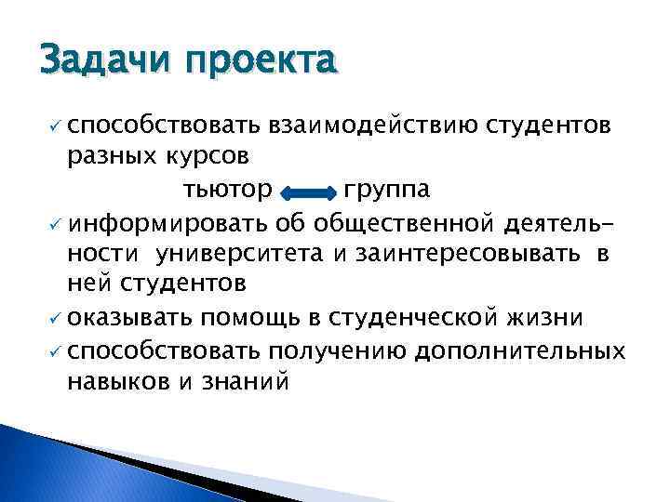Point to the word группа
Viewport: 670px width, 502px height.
[x=385, y=191]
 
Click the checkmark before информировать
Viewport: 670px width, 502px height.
[x=52, y=224]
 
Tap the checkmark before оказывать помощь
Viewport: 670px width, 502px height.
[x=52, y=319]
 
